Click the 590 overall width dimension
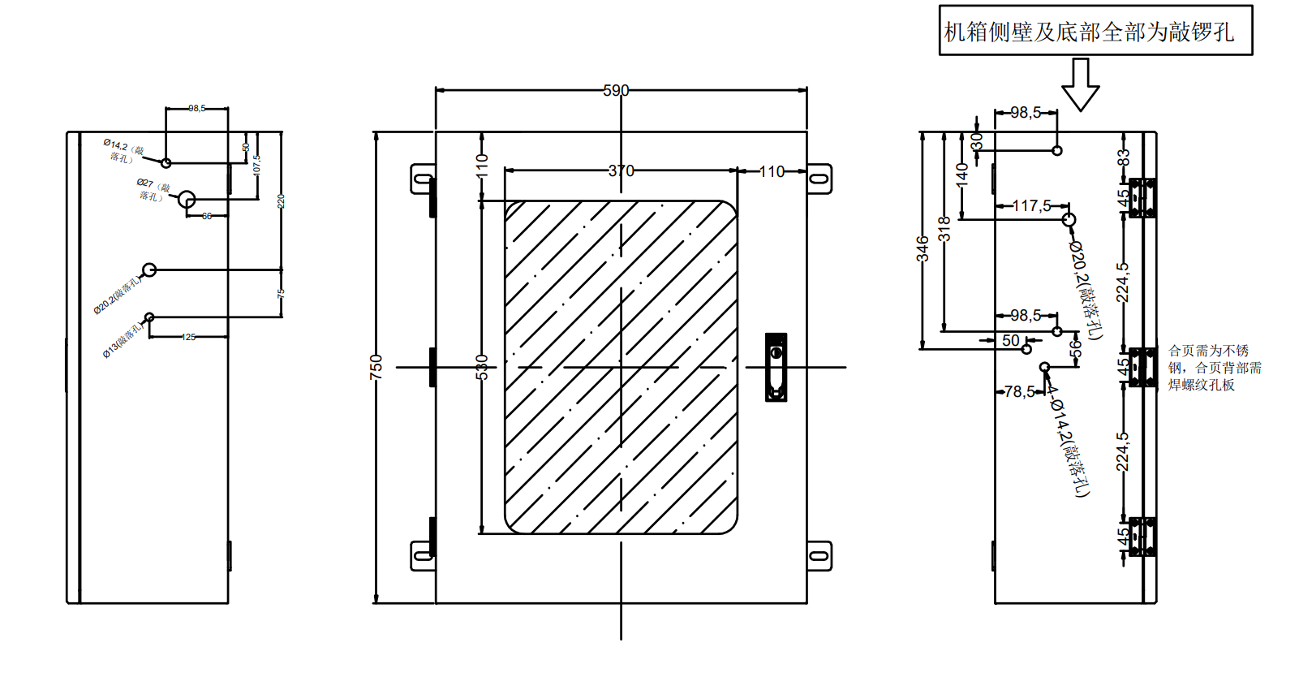point(616,90)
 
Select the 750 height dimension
point(376,367)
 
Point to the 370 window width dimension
point(621,170)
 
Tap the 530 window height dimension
point(482,367)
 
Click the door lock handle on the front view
point(776,367)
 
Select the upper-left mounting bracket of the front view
point(423,179)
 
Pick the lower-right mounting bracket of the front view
point(819,556)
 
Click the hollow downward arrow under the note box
point(1080,84)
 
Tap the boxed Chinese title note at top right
point(1095,31)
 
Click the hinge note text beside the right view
point(1214,368)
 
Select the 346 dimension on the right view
point(923,248)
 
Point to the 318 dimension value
point(944,229)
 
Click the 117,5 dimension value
point(1031,206)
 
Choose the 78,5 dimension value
point(1019,392)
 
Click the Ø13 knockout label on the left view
point(123,340)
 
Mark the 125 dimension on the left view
point(189,337)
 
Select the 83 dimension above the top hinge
point(1124,157)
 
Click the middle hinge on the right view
point(1142,368)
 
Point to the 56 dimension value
point(1076,349)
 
